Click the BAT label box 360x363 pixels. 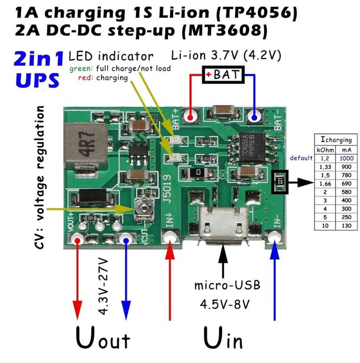pos(223,75)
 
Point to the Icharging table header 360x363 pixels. pos(336,140)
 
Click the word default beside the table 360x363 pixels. pos(301,158)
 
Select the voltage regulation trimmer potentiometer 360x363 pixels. pos(140,209)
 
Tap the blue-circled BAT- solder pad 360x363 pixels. pos(255,115)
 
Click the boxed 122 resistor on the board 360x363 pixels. pos(280,181)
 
